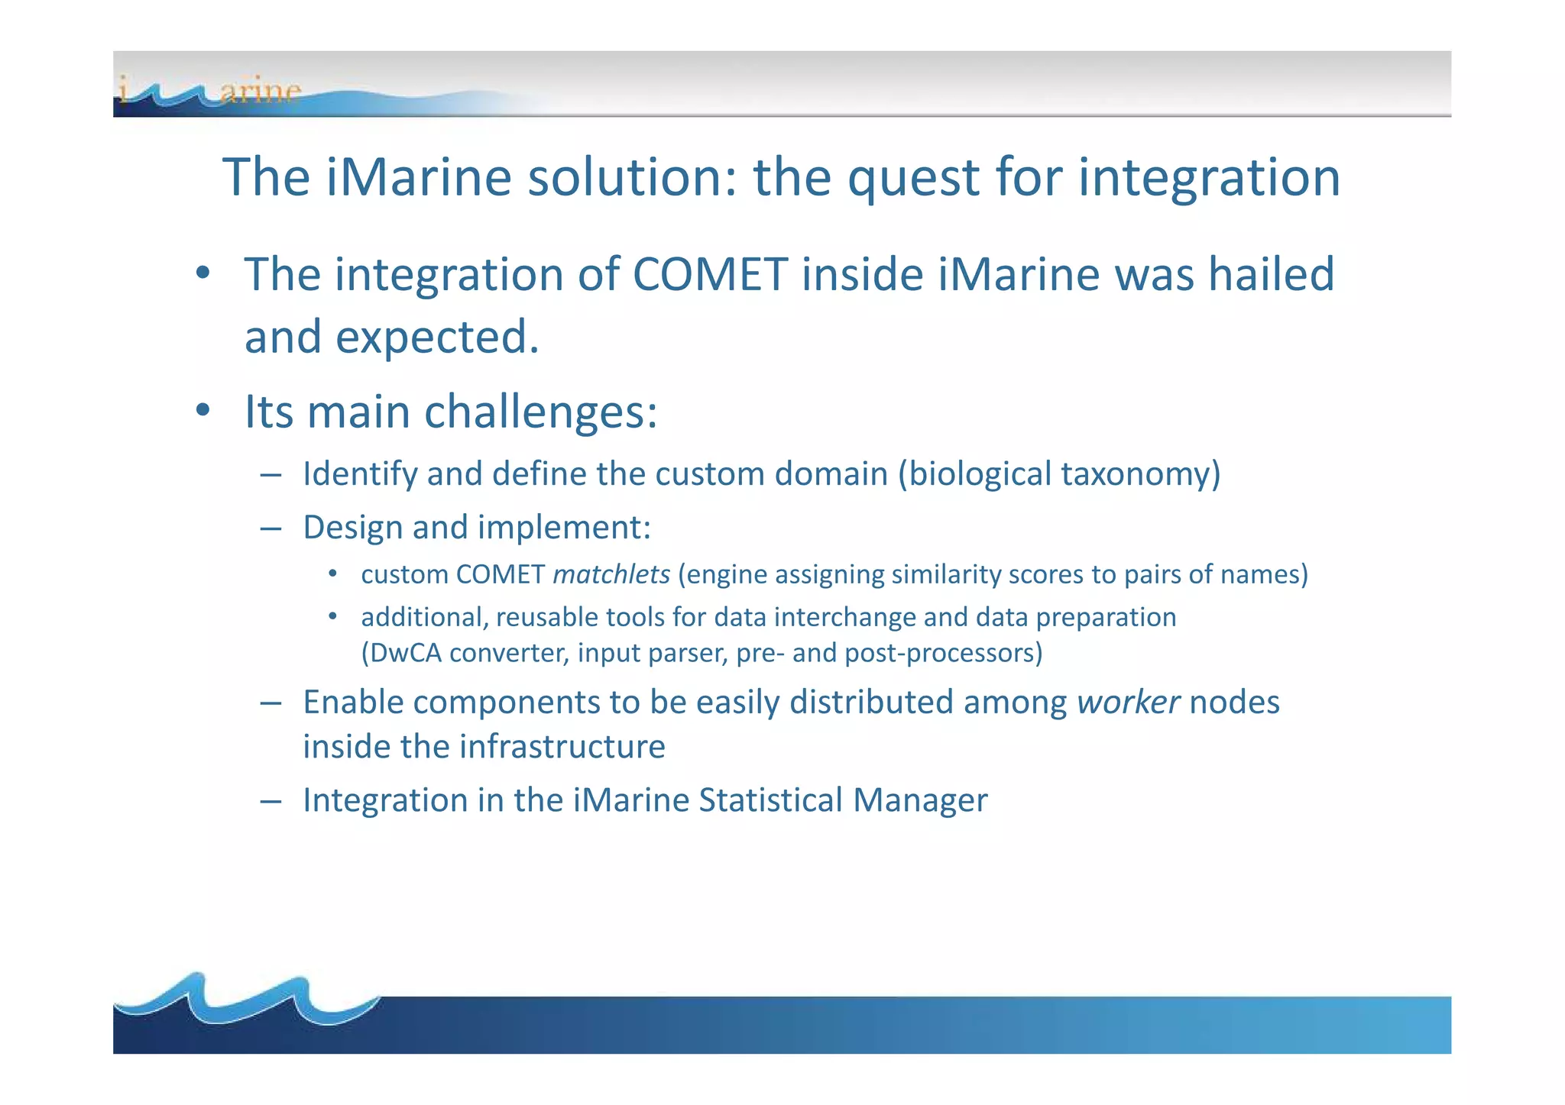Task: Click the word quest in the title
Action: [914, 178]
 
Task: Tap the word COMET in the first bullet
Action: [710, 274]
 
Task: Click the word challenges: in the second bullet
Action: [540, 412]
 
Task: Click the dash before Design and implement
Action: [271, 528]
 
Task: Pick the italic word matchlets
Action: [611, 574]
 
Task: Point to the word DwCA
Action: [401, 654]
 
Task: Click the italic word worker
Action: [1128, 703]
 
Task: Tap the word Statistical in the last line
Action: [771, 800]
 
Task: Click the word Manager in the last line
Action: [920, 800]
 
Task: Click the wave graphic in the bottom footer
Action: [245, 1000]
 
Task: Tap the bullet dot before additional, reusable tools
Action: [332, 616]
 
